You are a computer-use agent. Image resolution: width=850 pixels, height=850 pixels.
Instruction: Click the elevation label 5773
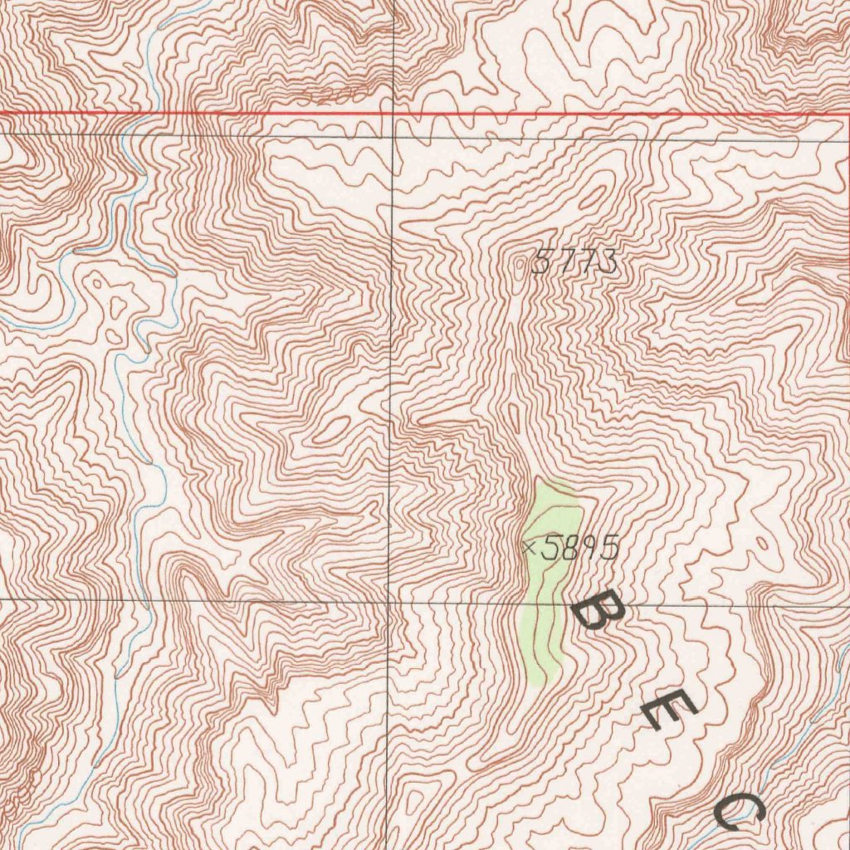click(574, 263)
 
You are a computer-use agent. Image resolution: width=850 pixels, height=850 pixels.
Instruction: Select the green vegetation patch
click(548, 581)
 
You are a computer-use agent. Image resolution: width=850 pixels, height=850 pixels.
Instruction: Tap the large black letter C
click(739, 808)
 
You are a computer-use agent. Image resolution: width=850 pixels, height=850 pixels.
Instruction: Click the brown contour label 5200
click(332, 96)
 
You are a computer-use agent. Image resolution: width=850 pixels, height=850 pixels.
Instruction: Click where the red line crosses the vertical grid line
click(393, 112)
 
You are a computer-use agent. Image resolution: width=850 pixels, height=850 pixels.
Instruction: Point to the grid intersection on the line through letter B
click(391, 601)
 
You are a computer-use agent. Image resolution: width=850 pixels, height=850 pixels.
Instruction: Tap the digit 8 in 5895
click(570, 548)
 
